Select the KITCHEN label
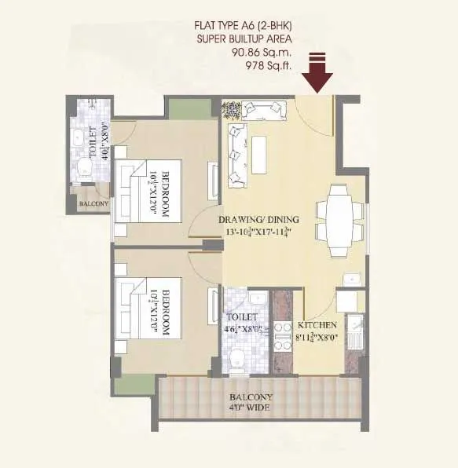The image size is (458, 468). tap(317, 324)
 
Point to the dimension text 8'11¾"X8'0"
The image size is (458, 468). tap(317, 336)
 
